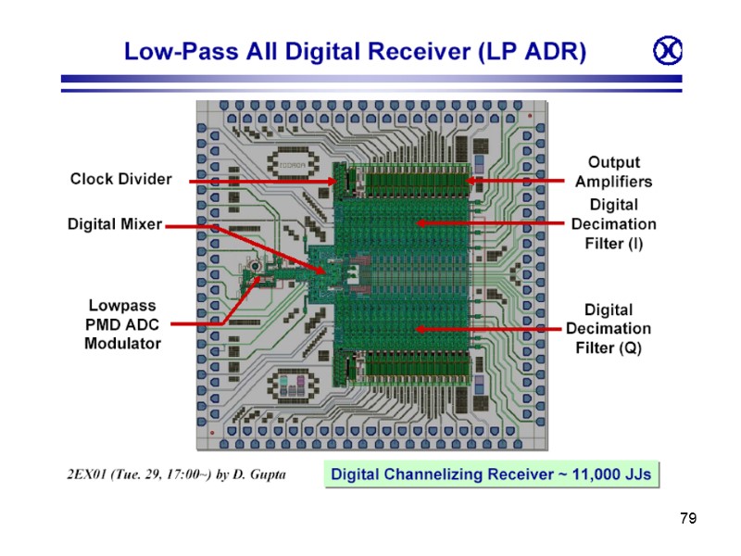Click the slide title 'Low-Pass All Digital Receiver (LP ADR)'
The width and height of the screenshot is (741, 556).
click(355, 52)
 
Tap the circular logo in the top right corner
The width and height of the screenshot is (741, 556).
click(667, 52)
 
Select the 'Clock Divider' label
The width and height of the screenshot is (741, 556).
click(121, 179)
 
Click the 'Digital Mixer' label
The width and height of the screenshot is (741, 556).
click(115, 223)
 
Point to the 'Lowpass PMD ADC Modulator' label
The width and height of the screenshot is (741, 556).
click(122, 323)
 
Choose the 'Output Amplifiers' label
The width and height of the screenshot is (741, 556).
click(613, 171)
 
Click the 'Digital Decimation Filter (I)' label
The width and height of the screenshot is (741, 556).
click(613, 223)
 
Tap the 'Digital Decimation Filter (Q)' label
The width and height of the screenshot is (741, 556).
click(609, 328)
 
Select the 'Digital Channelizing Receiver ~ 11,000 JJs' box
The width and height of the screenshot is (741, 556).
click(491, 475)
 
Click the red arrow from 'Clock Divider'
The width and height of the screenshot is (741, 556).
click(259, 181)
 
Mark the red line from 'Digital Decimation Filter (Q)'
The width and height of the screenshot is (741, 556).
click(491, 328)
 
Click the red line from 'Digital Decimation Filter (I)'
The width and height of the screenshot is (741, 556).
click(491, 222)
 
